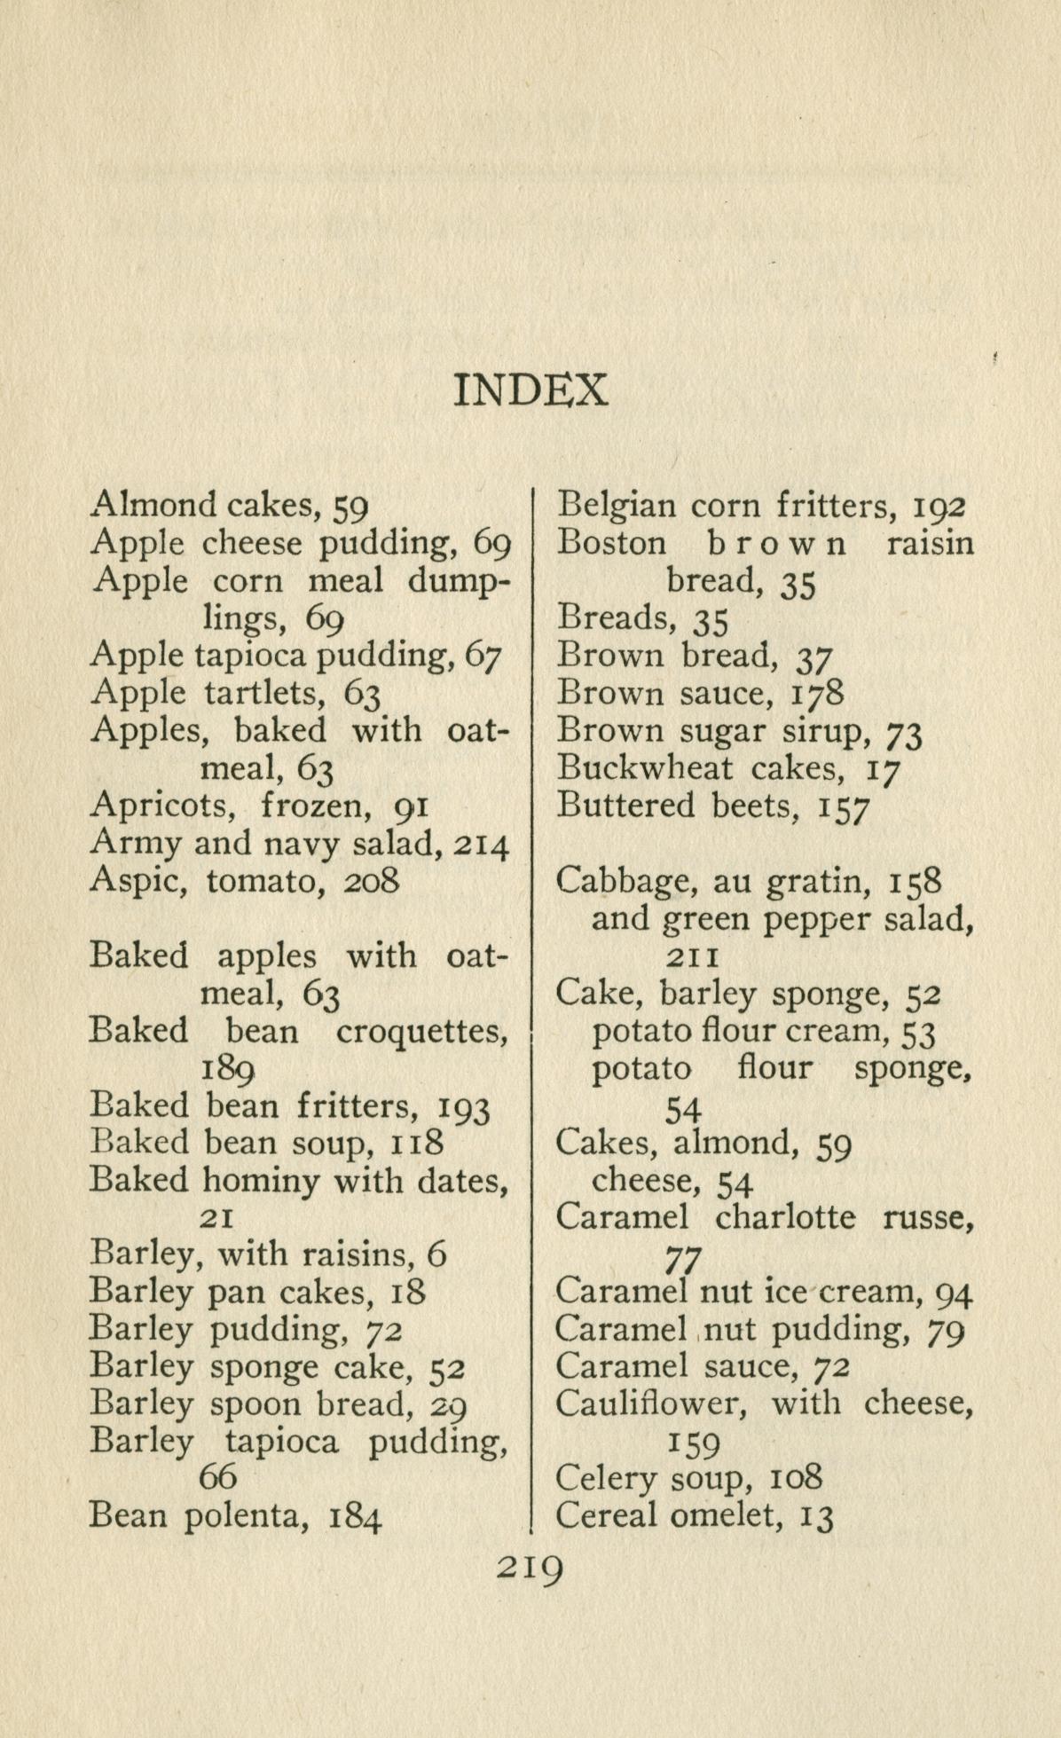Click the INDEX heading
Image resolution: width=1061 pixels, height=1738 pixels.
pyautogui.click(x=530, y=389)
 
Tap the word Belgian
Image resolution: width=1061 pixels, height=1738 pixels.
pyautogui.click(x=615, y=506)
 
